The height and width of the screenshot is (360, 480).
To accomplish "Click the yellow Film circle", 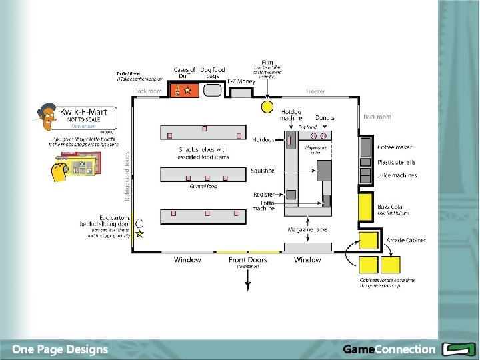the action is click(x=267, y=106).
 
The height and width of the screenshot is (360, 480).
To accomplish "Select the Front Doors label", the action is click(x=247, y=259).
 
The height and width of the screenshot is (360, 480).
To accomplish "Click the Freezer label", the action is click(x=315, y=91).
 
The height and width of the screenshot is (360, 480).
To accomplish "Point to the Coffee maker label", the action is click(x=395, y=147).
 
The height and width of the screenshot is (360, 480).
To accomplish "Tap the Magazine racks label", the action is click(x=307, y=229).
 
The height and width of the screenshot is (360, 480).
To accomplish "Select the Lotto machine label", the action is click(x=263, y=205).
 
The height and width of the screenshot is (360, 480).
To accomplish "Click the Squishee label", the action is click(x=262, y=171).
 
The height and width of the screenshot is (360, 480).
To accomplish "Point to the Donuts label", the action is click(x=325, y=118).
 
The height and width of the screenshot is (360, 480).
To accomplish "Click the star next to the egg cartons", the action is click(x=140, y=234).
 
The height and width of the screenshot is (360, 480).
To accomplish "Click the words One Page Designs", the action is click(x=59, y=349).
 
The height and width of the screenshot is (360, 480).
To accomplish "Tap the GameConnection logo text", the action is click(x=389, y=349).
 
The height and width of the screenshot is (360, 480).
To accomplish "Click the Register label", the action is click(x=263, y=195).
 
